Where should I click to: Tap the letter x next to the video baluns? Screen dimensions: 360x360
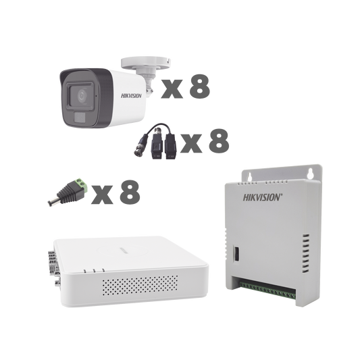point(192,144)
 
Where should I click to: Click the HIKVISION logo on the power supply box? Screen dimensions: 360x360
point(264,198)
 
